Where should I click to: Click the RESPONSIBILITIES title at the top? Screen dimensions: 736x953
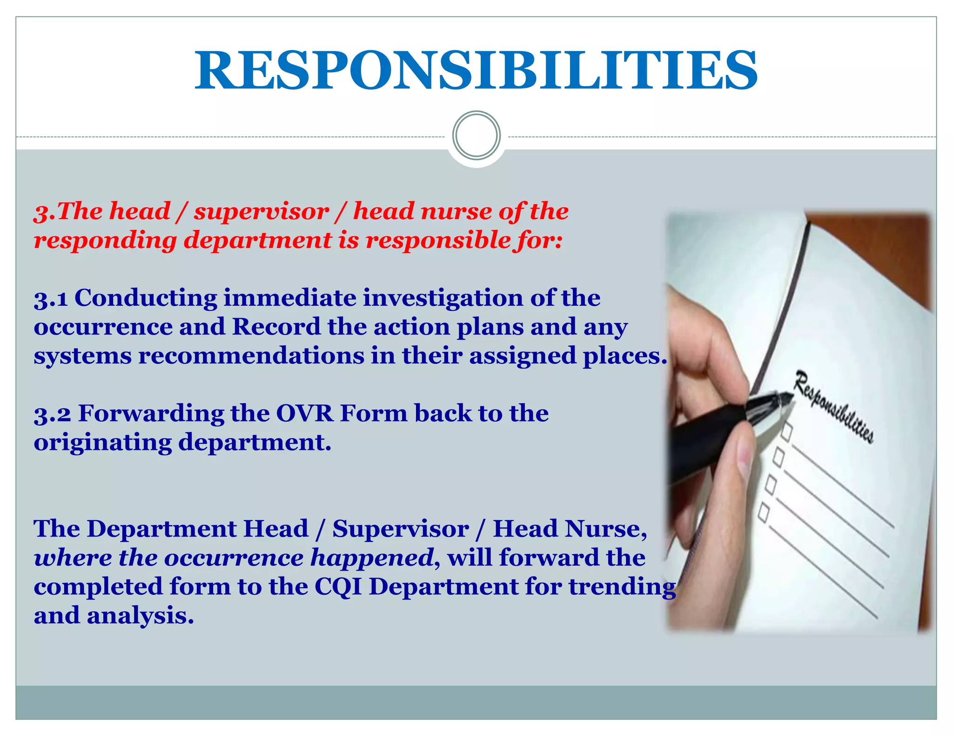pos(476,71)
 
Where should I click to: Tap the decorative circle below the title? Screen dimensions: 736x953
pos(476,135)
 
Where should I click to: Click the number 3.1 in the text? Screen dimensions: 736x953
pos(51,299)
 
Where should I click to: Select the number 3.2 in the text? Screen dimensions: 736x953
pos(52,414)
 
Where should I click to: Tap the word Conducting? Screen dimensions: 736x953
pos(146,298)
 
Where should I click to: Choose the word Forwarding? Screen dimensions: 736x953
pos(151,414)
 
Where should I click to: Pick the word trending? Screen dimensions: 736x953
pos(622,587)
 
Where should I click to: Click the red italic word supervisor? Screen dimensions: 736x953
pos(262,212)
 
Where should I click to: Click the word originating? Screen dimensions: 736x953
pos(103,442)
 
